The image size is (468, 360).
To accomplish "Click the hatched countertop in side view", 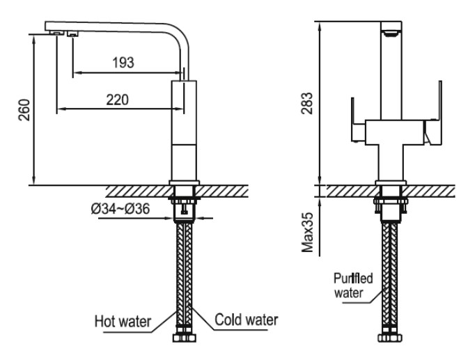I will [x=139, y=190].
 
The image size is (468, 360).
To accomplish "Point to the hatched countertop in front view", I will [x=432, y=190].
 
